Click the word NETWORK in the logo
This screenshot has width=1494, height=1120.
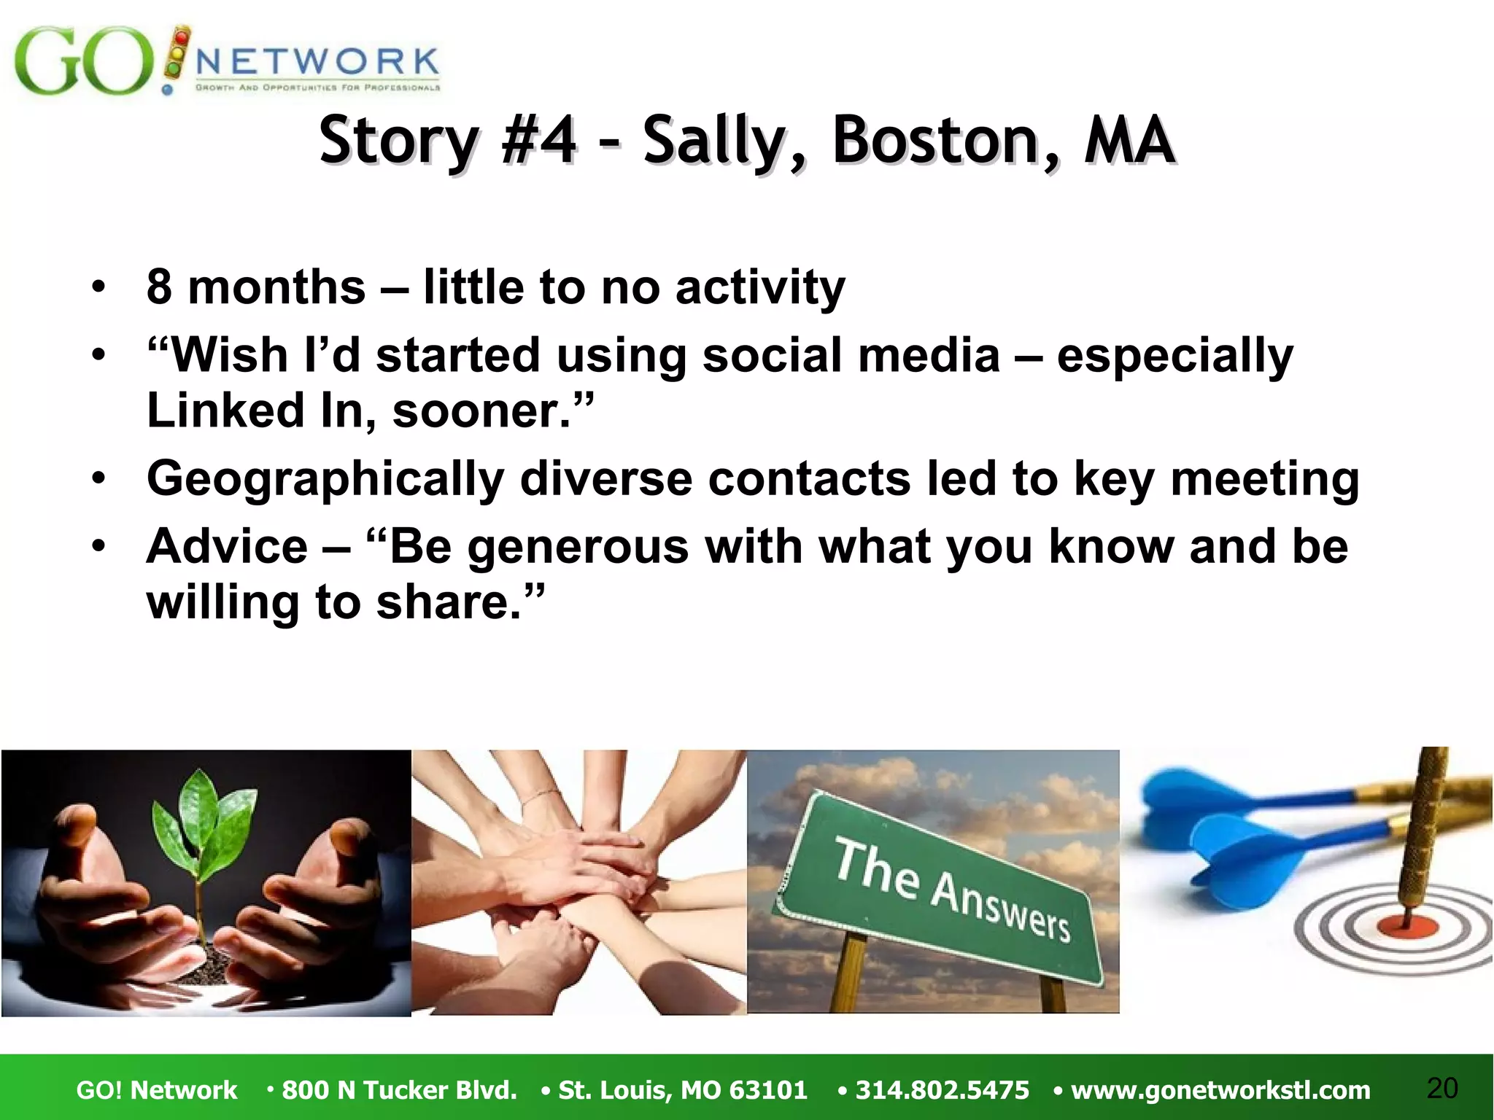[317, 63]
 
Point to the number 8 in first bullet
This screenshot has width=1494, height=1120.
[159, 287]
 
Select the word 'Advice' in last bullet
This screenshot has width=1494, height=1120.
[227, 546]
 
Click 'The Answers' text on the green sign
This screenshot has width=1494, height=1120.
[952, 890]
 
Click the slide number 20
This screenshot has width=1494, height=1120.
[1441, 1088]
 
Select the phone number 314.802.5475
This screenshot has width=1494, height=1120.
[942, 1090]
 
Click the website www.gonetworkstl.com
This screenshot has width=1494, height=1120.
[1220, 1090]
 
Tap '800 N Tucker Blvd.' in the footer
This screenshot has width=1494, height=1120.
[399, 1090]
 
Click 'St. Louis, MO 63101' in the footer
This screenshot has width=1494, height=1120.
[682, 1090]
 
